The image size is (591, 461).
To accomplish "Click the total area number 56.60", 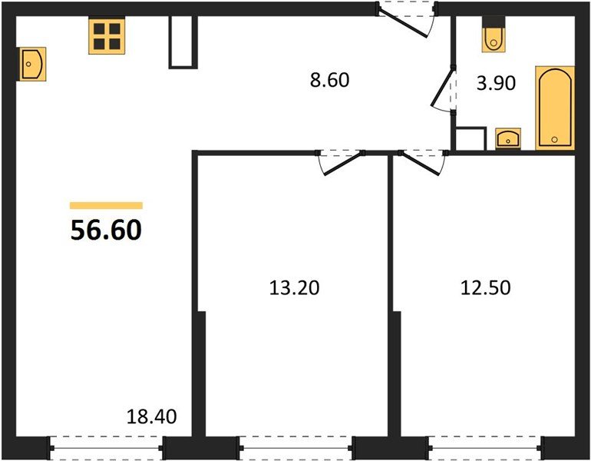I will pos(106,229).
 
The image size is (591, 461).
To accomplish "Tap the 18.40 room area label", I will pos(151,418).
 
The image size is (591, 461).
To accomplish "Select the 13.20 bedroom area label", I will pos(293,288).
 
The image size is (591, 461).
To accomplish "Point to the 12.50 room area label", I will pos(485,288).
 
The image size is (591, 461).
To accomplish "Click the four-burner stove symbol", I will pos(107,35).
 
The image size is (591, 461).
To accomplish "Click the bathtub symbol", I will pos(554,108).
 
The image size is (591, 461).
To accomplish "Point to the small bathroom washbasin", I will pos(508,138).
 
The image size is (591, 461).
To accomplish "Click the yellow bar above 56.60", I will pos(106,205).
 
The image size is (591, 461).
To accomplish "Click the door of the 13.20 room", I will pos(340,161).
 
